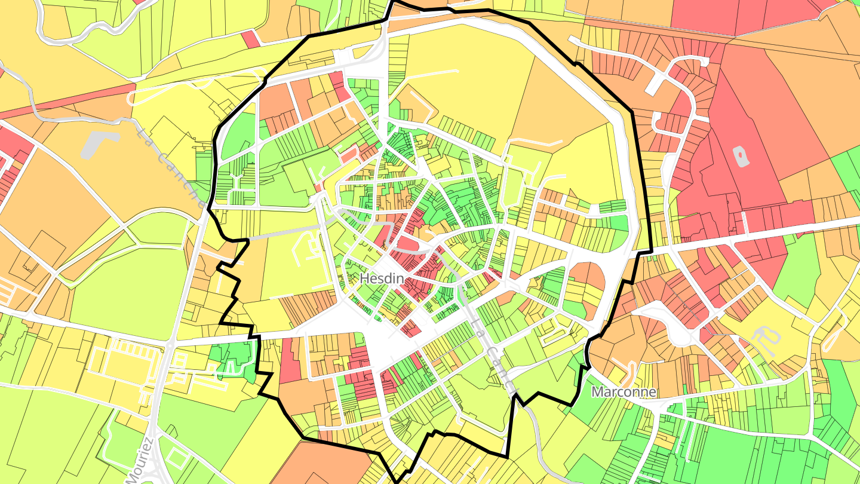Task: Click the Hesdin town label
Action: pos(382,279)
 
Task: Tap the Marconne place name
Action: pos(623,392)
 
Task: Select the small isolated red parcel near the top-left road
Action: pos(250,38)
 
